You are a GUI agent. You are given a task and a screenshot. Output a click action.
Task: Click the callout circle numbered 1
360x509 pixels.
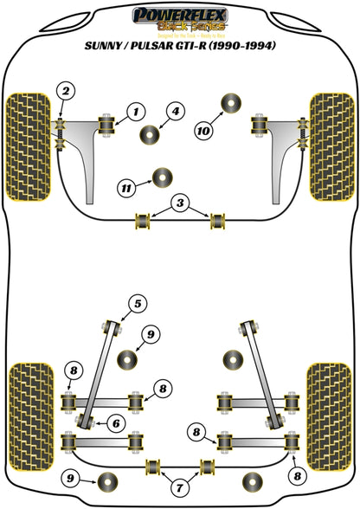point(135,110)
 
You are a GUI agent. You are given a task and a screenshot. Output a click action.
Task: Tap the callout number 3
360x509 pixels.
point(179,203)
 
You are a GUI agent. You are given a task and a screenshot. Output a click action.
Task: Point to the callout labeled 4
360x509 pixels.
point(175,110)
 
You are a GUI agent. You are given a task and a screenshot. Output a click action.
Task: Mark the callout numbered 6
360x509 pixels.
point(113,422)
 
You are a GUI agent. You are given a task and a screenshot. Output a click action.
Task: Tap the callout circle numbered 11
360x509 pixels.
point(126,186)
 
